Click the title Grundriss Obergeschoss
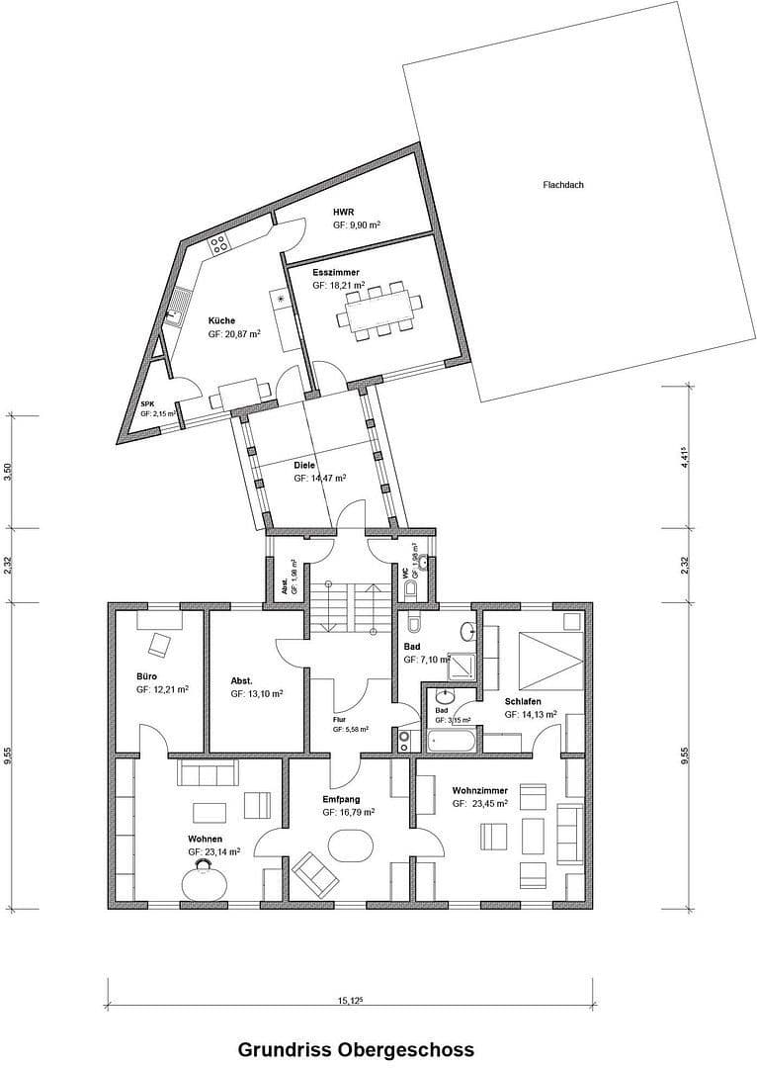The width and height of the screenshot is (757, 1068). click(x=355, y=1048)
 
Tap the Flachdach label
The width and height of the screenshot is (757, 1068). click(x=562, y=185)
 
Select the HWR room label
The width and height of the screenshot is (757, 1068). click(x=343, y=212)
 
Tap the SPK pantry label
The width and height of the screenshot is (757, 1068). click(x=147, y=404)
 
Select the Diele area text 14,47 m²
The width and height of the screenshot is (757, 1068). click(x=319, y=478)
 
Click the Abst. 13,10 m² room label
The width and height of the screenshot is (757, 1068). click(x=242, y=681)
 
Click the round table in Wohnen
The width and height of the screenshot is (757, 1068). click(x=204, y=879)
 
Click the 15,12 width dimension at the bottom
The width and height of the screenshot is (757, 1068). click(x=350, y=1001)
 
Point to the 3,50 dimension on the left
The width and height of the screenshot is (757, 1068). click(x=8, y=471)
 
